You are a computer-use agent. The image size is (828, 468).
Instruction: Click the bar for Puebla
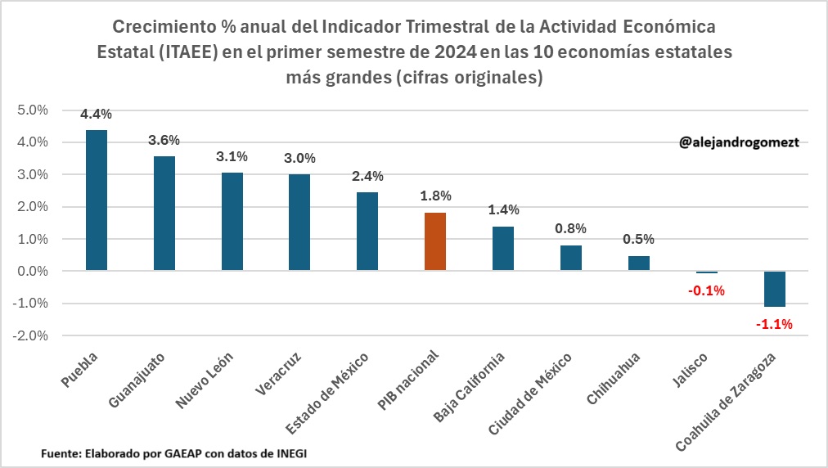[x=97, y=200]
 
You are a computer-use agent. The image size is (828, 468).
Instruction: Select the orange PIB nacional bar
[x=435, y=241]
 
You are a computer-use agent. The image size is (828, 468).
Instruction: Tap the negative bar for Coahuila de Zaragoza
[x=775, y=289]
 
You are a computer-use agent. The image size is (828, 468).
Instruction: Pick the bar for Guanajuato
[x=164, y=214]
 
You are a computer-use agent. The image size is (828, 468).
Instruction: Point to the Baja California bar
[x=503, y=248]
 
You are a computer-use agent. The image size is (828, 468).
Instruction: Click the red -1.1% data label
[x=774, y=324]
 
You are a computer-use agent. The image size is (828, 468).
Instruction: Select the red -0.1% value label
[x=707, y=291]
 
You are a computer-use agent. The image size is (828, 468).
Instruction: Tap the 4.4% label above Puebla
[x=96, y=114]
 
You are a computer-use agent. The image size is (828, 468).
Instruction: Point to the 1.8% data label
[x=435, y=196]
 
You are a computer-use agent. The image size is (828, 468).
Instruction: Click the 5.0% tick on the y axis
[x=33, y=110]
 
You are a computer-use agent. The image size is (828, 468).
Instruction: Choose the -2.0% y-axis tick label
[x=30, y=335]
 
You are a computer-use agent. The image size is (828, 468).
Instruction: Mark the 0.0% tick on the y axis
[x=33, y=271]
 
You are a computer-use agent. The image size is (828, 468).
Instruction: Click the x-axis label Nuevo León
[x=205, y=380]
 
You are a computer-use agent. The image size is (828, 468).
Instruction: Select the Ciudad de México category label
[x=530, y=394]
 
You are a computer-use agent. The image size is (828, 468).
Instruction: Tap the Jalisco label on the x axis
[x=691, y=371]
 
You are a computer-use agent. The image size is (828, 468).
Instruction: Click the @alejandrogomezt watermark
[x=739, y=142]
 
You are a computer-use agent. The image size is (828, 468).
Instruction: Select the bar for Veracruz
[x=300, y=223]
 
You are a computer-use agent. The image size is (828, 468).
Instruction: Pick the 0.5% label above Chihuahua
[x=638, y=239]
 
